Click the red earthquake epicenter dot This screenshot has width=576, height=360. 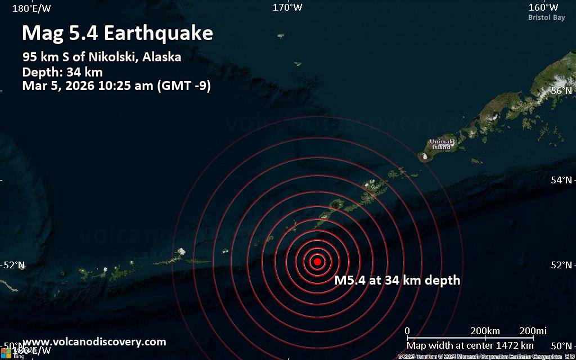click(x=317, y=261)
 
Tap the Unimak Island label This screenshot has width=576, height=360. click(x=441, y=144)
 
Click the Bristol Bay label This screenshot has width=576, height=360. click(x=546, y=17)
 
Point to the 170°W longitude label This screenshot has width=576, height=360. click(x=287, y=7)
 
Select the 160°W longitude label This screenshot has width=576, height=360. click(x=543, y=7)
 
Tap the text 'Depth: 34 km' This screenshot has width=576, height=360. click(x=62, y=72)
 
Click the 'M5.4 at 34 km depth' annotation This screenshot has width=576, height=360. click(x=397, y=280)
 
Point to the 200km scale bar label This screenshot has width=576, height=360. click(x=485, y=330)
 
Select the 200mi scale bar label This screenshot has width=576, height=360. click(x=533, y=330)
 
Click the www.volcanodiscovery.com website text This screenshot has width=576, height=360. click(x=94, y=341)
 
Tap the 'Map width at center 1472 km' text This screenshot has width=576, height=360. click(x=470, y=345)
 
